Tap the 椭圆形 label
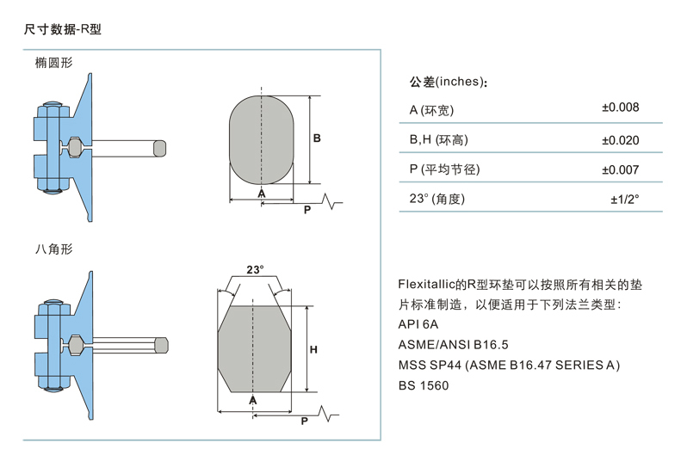click(x=53, y=63)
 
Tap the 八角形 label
click(x=53, y=249)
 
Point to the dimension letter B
click(x=317, y=138)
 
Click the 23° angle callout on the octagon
click(x=255, y=269)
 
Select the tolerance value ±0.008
click(x=620, y=108)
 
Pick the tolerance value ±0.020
click(x=620, y=139)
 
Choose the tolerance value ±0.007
click(x=620, y=169)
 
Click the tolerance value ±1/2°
click(x=624, y=200)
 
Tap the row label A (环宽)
click(x=431, y=109)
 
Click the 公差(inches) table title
click(x=449, y=83)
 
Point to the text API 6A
click(x=418, y=324)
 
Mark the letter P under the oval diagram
click(x=307, y=209)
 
